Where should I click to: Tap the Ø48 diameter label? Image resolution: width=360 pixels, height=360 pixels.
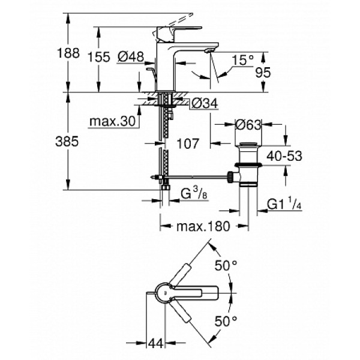tap(130, 57)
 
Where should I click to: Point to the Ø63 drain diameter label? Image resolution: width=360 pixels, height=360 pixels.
tap(246, 125)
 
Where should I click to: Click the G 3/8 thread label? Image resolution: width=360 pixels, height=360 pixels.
tap(191, 194)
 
